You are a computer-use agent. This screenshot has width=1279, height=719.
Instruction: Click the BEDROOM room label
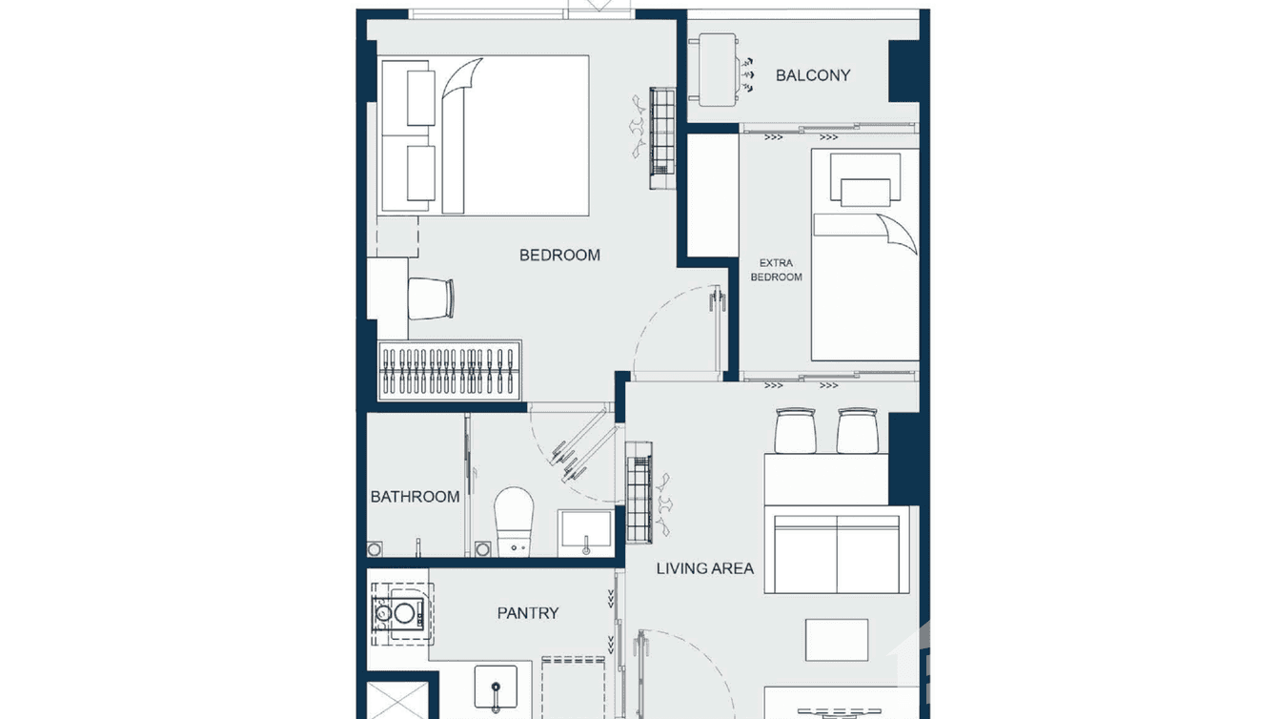coord(559,255)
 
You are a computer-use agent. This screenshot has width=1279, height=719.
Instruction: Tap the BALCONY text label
coord(812,75)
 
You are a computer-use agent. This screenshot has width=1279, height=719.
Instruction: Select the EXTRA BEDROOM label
coord(776,270)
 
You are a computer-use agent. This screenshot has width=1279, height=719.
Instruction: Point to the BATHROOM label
coord(415,497)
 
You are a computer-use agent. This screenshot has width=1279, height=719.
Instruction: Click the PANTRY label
coord(527,613)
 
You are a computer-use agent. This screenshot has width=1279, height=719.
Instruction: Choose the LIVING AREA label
coord(704,568)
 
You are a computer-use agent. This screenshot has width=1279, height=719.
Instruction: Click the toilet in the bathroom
coord(515,520)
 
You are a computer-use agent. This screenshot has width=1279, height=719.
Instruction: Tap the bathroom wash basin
coord(586,530)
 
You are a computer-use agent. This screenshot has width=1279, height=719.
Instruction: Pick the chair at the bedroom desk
coord(433,298)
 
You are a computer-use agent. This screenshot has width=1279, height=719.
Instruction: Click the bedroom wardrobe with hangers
coord(450,372)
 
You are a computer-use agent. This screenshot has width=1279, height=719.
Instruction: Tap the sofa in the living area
coord(837,553)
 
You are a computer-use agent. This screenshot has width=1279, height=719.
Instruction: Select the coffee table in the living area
coord(836,639)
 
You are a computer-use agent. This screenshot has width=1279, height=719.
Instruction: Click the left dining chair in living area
coord(795,430)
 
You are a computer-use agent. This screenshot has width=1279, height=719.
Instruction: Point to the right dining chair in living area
coord(856,430)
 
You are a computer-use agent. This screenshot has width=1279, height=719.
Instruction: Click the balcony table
coord(716,72)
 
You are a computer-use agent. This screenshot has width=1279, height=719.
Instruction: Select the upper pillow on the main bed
coord(421,97)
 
